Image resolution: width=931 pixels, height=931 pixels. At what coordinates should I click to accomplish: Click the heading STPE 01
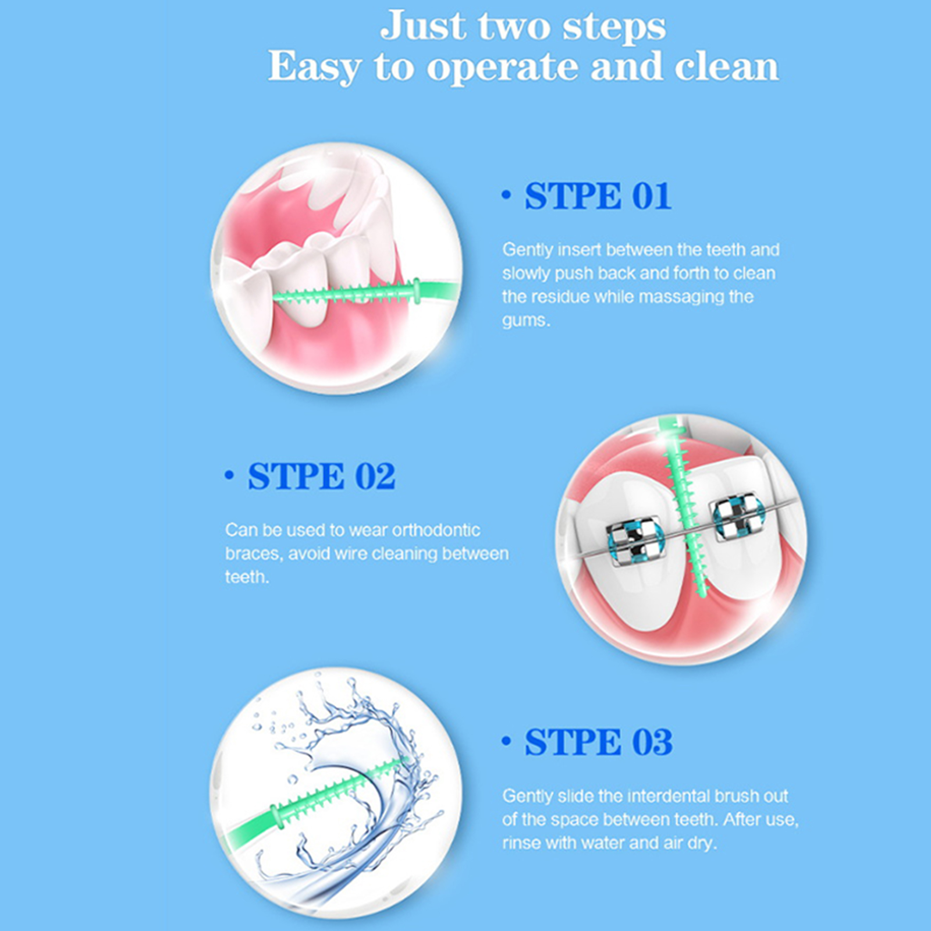pos(598,196)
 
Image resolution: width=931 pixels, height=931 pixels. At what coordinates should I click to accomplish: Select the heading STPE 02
pos(322,477)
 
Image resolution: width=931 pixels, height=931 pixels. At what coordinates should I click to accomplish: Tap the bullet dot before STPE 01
pos(506,195)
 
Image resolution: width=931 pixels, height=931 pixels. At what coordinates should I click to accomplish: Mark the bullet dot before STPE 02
pos(229,475)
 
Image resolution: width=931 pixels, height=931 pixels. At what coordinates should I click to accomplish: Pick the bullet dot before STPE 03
pos(506,741)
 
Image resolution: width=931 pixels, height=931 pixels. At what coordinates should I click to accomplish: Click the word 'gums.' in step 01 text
pos(526,321)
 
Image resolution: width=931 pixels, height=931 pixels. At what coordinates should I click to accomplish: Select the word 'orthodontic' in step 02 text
pos(436,530)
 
